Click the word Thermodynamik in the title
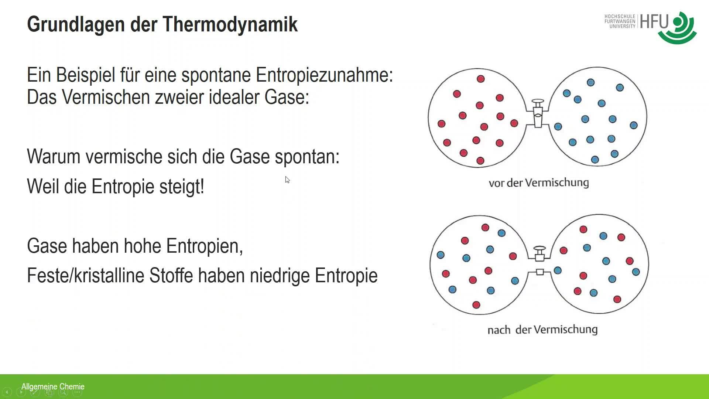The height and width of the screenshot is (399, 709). pos(230,25)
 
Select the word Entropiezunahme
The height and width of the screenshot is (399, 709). pos(324,75)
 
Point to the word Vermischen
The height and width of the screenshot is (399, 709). pos(106,97)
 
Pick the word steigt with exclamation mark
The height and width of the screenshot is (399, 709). pos(182,186)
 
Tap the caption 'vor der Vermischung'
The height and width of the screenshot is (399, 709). pos(538,183)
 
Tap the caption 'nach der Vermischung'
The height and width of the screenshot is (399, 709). pos(542,330)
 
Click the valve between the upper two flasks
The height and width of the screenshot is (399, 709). pos(538,114)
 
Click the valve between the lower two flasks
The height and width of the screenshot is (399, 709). pos(540,261)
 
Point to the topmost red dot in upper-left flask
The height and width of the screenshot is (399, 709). pos(480,79)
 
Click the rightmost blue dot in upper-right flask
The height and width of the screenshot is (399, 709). pos(634,125)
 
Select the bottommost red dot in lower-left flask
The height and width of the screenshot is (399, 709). pos(476,305)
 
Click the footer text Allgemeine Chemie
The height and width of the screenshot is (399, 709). pos(53,386)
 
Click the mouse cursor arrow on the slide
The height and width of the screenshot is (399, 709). pos(287,180)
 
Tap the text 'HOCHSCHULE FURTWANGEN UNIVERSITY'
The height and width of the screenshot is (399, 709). pos(620,21)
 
